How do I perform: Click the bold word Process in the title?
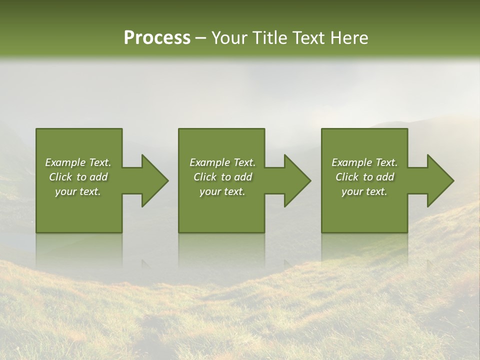(x=157, y=38)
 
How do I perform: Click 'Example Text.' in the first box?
(x=78, y=162)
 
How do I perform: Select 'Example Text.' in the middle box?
(x=222, y=162)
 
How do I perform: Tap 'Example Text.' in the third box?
(x=364, y=162)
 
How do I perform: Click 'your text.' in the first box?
(x=78, y=191)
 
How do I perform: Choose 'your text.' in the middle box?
(x=222, y=191)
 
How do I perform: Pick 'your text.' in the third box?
(x=364, y=191)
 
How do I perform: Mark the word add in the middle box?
(x=243, y=177)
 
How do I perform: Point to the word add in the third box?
(x=385, y=177)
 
